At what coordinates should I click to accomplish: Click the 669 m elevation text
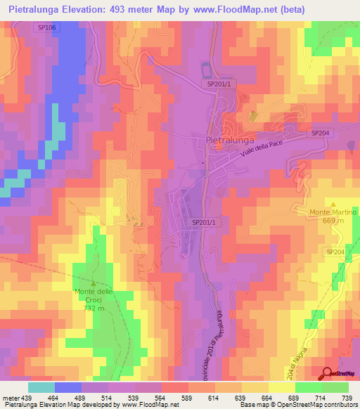tap(333, 221)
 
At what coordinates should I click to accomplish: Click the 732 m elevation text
tap(94, 309)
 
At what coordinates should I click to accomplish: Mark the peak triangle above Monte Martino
tap(333, 202)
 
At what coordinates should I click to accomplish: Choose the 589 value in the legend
tap(188, 398)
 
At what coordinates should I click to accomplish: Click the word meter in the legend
tap(10, 398)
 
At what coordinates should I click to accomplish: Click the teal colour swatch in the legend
tap(41, 387)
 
